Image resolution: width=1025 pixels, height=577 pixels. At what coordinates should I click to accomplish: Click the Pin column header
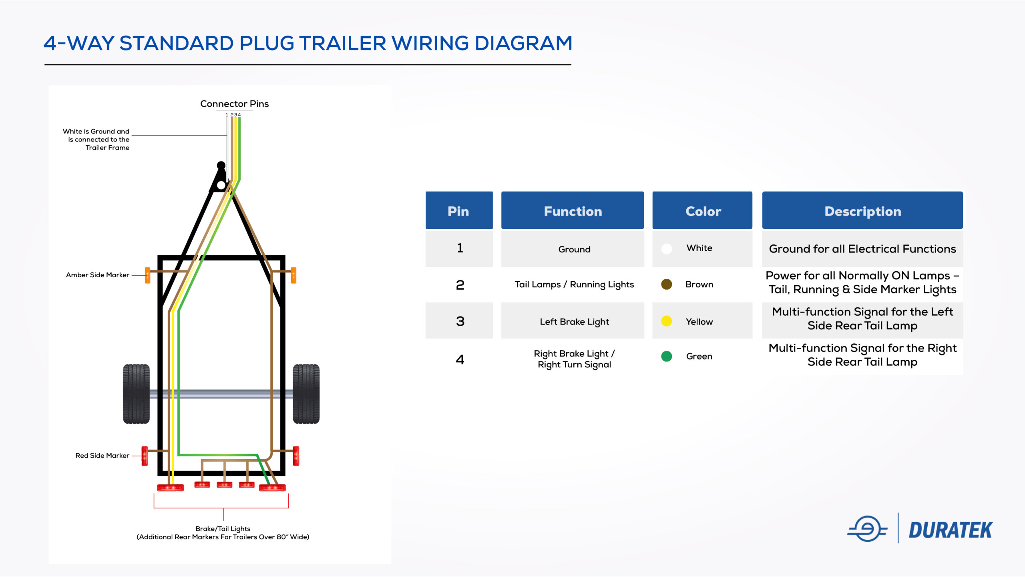pyautogui.click(x=458, y=211)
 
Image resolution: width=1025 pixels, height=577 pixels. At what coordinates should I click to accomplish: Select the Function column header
pyautogui.click(x=572, y=211)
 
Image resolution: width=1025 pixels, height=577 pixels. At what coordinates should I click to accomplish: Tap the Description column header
pyautogui.click(x=862, y=211)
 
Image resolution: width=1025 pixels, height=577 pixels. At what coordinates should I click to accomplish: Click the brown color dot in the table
pyautogui.click(x=666, y=284)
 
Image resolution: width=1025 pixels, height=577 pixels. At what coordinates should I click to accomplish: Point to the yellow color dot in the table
pyautogui.click(x=666, y=321)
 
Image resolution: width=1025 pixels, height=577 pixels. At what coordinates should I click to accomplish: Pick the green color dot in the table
pyautogui.click(x=666, y=356)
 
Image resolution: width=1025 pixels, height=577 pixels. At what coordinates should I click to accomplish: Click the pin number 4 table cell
pyautogui.click(x=460, y=359)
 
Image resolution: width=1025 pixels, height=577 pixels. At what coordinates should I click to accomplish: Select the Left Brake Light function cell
pyautogui.click(x=574, y=321)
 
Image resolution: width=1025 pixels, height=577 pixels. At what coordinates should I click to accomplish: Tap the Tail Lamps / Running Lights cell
pyautogui.click(x=574, y=284)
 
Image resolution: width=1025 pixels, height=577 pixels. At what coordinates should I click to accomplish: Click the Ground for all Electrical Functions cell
pyautogui.click(x=862, y=249)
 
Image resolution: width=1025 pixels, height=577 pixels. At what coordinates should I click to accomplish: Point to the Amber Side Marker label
pyautogui.click(x=97, y=275)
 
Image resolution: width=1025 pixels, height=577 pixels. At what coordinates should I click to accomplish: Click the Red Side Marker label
pyautogui.click(x=102, y=456)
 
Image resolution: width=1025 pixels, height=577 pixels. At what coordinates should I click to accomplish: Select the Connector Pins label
pyautogui.click(x=234, y=104)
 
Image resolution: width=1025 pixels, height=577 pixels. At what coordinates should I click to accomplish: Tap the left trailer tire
pyautogui.click(x=136, y=393)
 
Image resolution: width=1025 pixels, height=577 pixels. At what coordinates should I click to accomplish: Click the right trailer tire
pyautogui.click(x=306, y=393)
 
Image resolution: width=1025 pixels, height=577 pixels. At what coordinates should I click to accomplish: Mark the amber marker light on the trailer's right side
pyautogui.click(x=293, y=275)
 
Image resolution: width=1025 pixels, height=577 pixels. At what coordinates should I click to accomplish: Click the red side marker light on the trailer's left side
pyautogui.click(x=145, y=456)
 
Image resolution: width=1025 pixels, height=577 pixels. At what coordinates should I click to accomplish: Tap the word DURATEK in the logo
pyautogui.click(x=950, y=530)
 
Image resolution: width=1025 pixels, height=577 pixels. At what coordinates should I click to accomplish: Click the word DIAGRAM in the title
pyautogui.click(x=523, y=43)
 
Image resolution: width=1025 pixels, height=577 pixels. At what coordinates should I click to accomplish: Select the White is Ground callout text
pyautogui.click(x=96, y=139)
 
